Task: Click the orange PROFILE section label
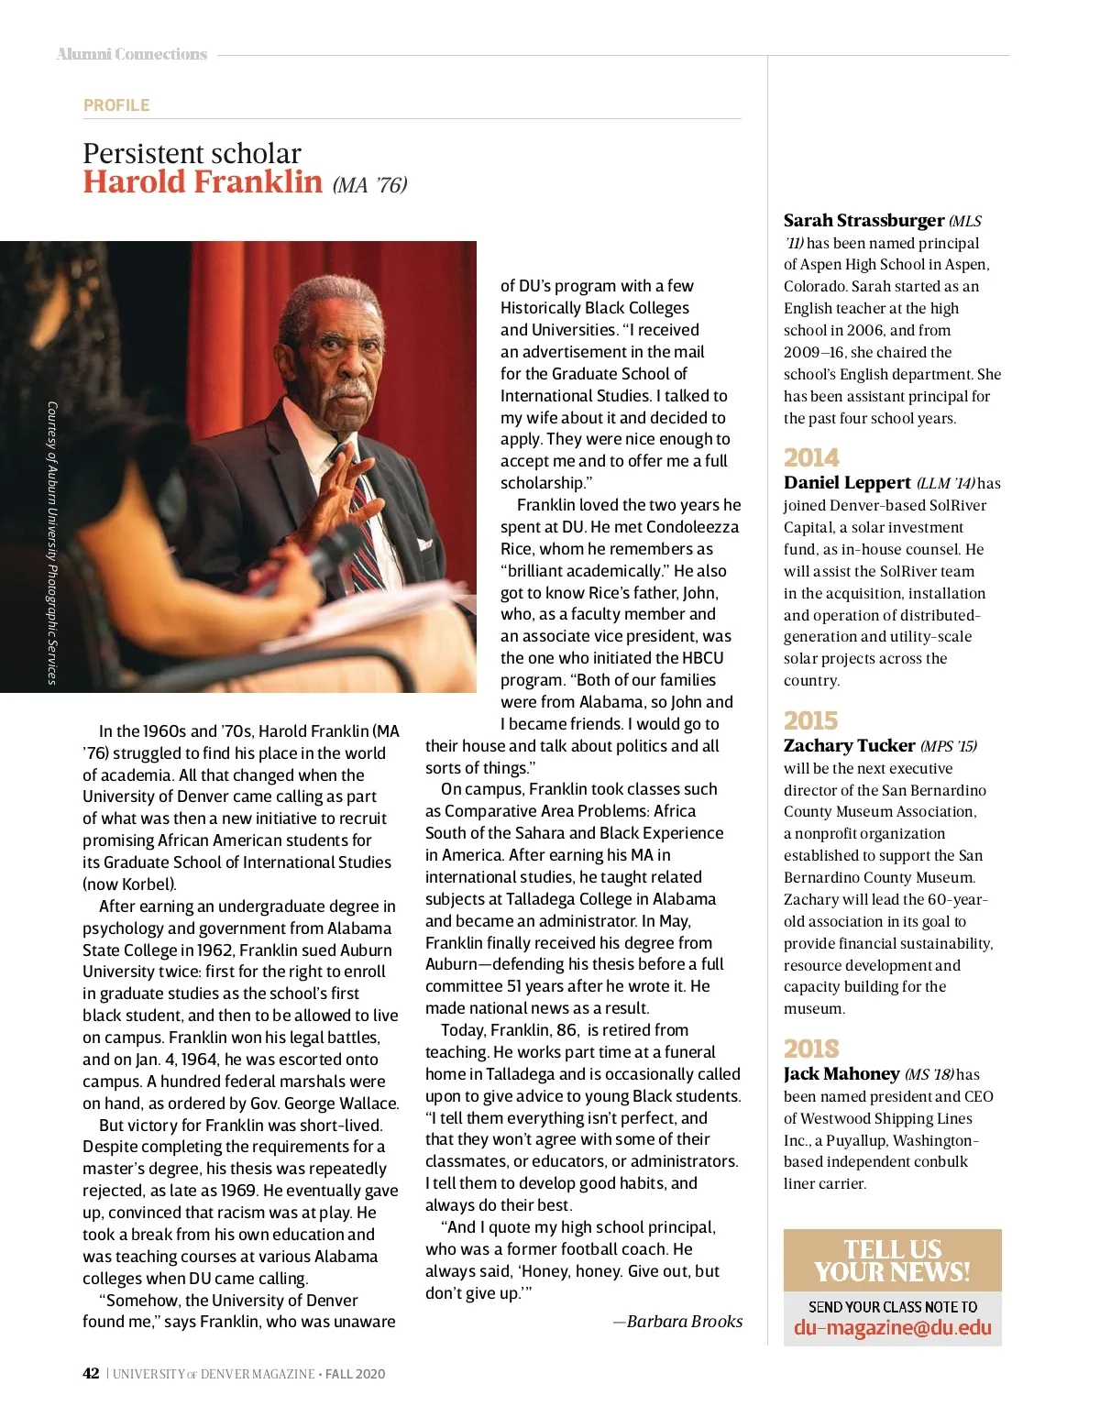pos(116,105)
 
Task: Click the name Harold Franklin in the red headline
pos(203,181)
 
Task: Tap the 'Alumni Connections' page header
pos(132,55)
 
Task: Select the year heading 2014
pos(811,457)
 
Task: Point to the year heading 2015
pos(811,720)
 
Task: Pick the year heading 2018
pos(811,1049)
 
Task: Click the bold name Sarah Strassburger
pos(863,221)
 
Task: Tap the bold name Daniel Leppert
pos(847,483)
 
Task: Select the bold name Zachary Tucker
pos(849,746)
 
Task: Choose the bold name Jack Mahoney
pos(841,1074)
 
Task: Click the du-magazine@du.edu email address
pos(892,1328)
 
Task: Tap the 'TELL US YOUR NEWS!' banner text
pos(892,1261)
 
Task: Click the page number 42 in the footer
pos(91,1374)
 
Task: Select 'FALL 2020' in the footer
pos(355,1374)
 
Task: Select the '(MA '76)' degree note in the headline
pos(369,185)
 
